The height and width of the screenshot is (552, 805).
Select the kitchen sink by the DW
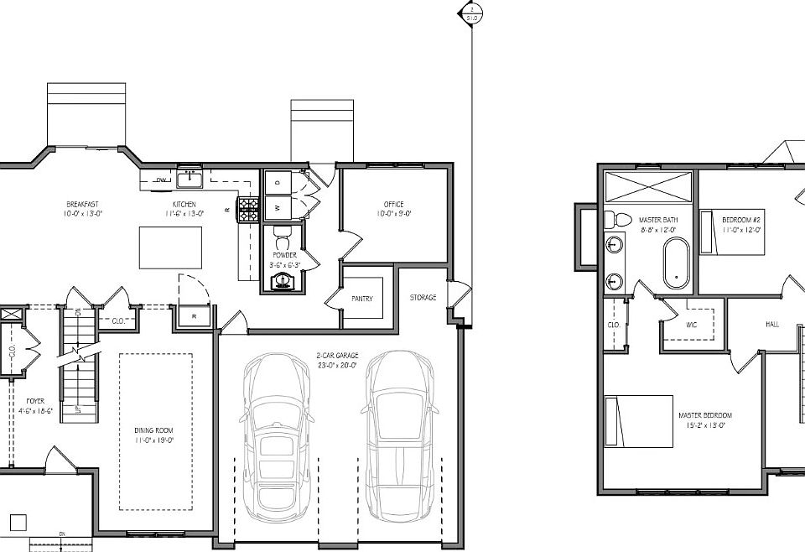[190, 179]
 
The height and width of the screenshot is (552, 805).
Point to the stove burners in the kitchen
[248, 210]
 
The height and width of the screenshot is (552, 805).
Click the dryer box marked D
[278, 181]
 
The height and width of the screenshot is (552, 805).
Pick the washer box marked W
[278, 207]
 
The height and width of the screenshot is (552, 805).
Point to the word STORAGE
[423, 297]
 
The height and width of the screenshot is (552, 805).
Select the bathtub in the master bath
[675, 263]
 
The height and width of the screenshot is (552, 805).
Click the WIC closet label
[691, 324]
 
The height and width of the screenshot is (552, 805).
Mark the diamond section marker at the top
[471, 13]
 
